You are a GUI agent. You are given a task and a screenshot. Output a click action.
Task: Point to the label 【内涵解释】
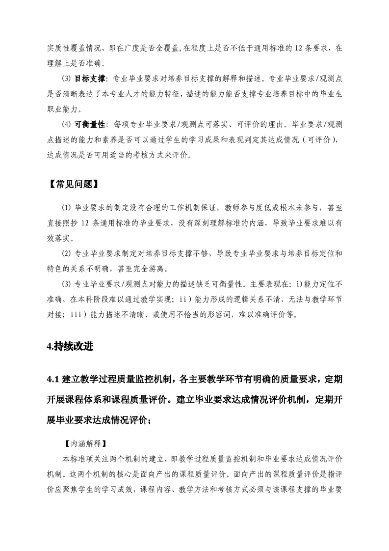(x=83, y=442)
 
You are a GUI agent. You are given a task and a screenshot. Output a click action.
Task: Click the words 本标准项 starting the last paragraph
(x=78, y=457)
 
